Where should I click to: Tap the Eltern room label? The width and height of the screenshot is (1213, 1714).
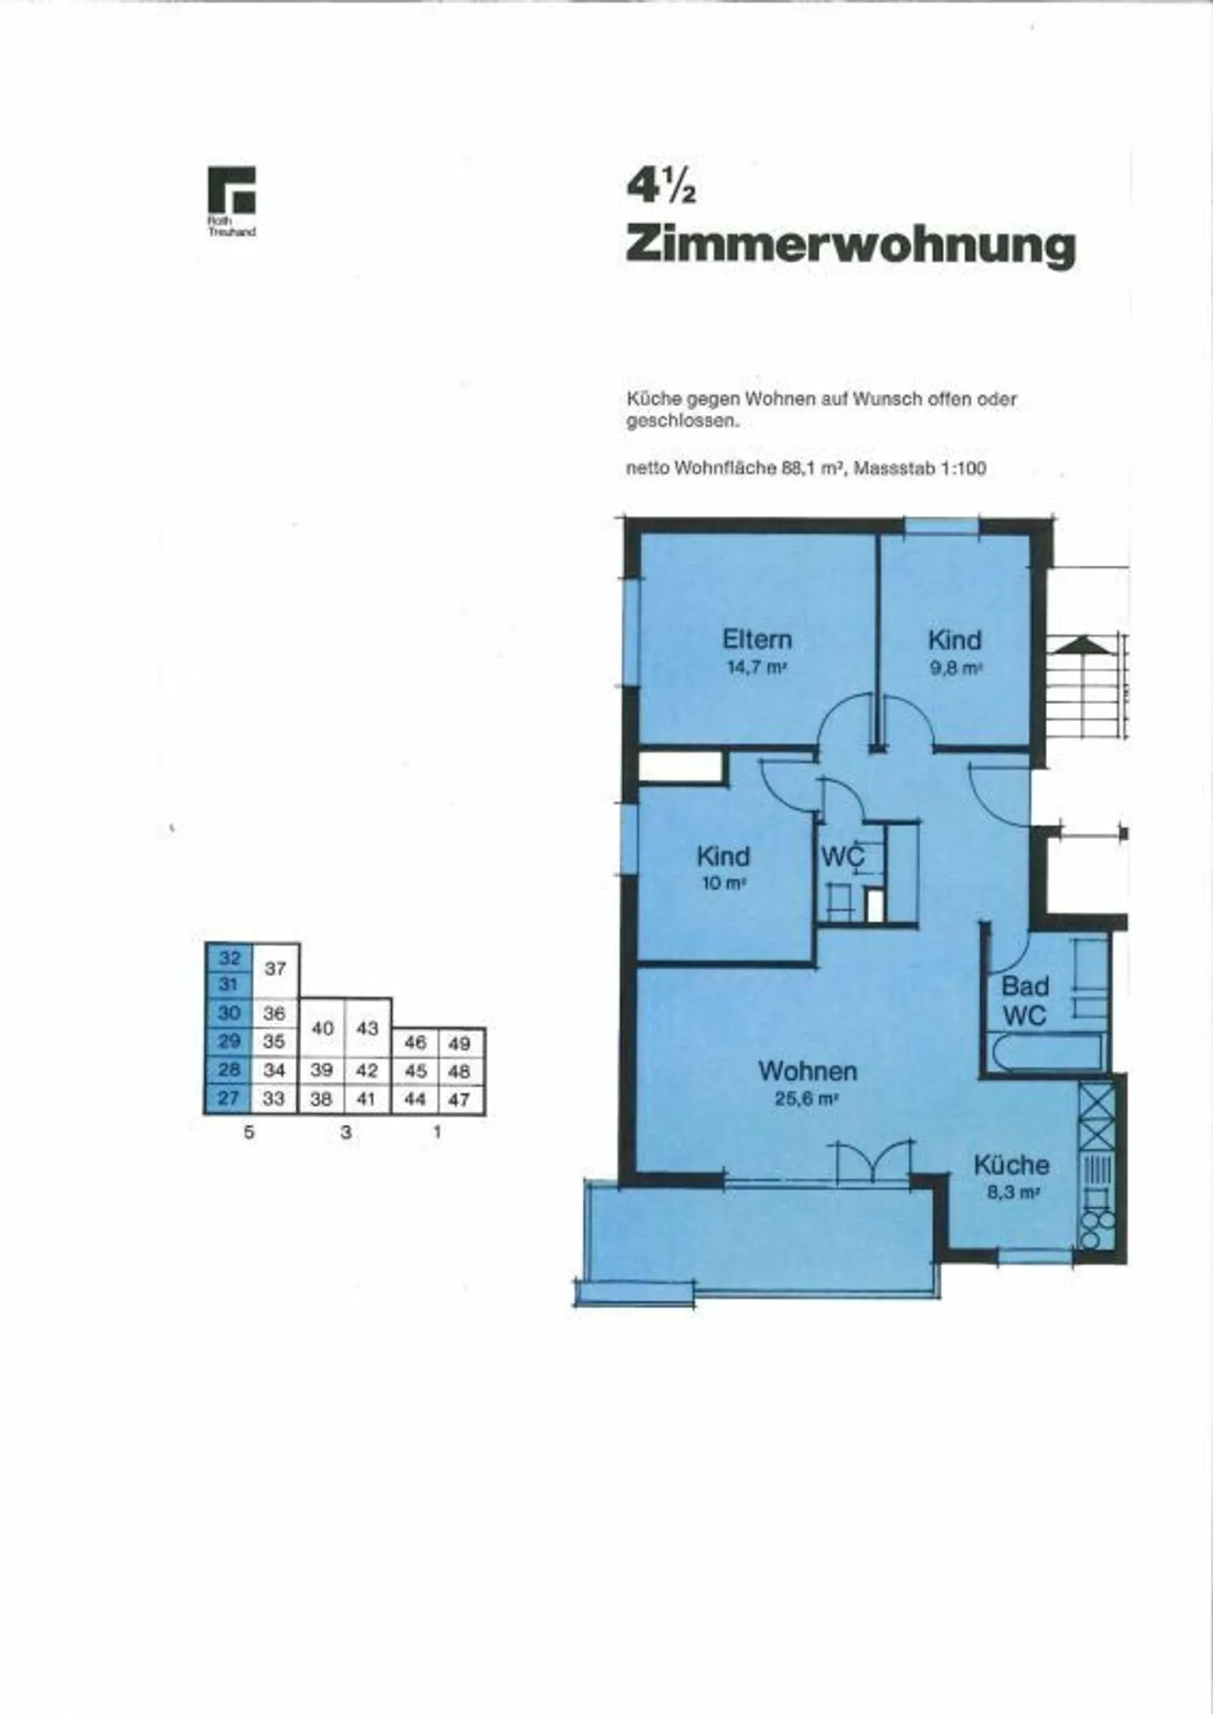[756, 640]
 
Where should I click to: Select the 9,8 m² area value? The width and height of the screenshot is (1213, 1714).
[955, 669]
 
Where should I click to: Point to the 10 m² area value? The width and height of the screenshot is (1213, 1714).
[723, 884]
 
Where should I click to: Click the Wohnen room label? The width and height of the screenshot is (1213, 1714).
[807, 1071]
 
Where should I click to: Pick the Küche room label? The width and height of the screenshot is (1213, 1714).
[1011, 1166]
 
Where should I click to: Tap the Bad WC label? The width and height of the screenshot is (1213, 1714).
[1024, 1001]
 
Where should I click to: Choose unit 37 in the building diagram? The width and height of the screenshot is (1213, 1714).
[275, 969]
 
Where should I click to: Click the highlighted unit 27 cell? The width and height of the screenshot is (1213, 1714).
[228, 1098]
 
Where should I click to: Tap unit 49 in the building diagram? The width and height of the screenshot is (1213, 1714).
[459, 1044]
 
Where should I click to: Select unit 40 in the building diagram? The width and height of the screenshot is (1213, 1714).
[323, 1028]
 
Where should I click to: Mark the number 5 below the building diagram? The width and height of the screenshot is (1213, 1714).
[248, 1133]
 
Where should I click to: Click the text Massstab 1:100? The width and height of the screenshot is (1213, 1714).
[919, 468]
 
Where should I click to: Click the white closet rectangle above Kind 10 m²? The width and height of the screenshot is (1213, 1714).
[681, 767]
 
